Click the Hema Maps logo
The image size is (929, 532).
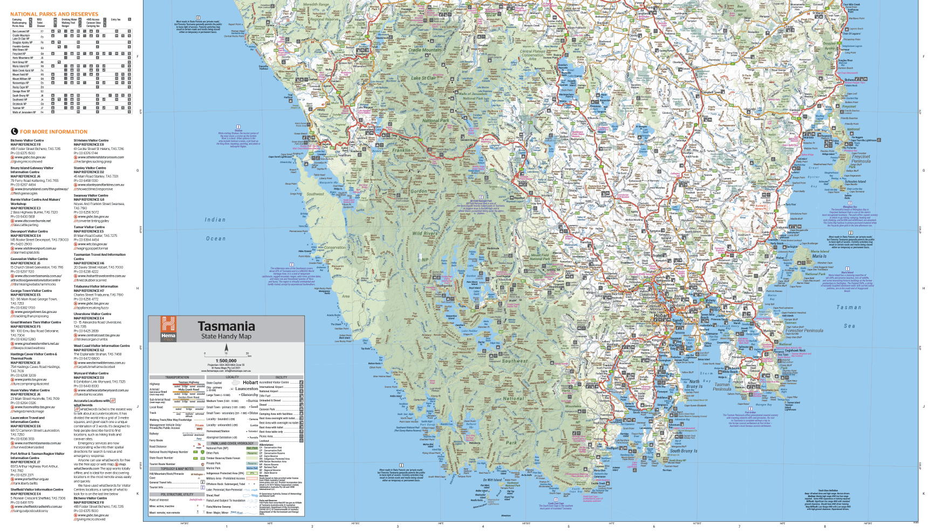coord(168,329)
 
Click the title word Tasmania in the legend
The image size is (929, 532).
coord(226,326)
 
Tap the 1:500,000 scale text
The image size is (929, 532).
coord(226,361)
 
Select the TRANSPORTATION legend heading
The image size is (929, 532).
coord(177,377)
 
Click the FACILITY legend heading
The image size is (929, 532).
coord(281,377)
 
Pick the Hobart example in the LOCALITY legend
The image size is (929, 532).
coord(250,383)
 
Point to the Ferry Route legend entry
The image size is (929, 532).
coord(156,440)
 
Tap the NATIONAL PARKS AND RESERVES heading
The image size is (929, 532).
coord(54,14)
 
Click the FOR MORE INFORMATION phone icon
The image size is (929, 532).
coord(15,132)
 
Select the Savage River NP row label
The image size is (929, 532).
coord(21,91)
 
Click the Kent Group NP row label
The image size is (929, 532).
coord(20,62)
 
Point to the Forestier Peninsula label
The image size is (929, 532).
coord(804,331)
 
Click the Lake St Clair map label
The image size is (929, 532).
coord(423,78)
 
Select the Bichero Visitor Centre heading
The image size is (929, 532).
coord(27,140)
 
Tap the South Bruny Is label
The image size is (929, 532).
coord(683,451)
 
